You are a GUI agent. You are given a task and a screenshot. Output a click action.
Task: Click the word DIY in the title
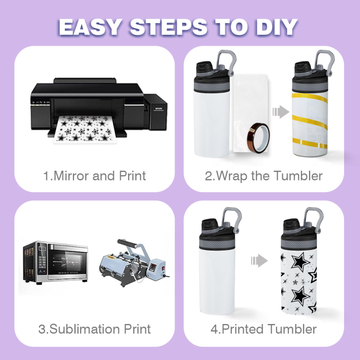(x=277, y=27)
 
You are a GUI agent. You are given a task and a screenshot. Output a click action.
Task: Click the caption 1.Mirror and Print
(x=94, y=176)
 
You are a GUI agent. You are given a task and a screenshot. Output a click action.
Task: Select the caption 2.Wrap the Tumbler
(x=263, y=176)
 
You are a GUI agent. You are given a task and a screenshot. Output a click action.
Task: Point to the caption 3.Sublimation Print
(x=94, y=329)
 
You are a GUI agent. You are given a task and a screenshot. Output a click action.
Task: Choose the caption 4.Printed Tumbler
(x=263, y=329)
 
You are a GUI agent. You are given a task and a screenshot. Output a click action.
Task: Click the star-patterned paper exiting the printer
(x=84, y=129)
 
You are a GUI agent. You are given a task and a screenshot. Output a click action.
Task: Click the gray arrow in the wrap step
(x=281, y=112)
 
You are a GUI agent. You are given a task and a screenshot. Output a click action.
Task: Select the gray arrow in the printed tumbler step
(x=259, y=261)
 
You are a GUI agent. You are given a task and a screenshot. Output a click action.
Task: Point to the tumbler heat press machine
(x=134, y=263)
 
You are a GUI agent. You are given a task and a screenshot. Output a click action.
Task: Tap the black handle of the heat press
(x=127, y=243)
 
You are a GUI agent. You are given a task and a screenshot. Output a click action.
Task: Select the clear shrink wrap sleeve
(x=250, y=113)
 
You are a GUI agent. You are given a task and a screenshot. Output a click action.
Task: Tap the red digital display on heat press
(x=152, y=267)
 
